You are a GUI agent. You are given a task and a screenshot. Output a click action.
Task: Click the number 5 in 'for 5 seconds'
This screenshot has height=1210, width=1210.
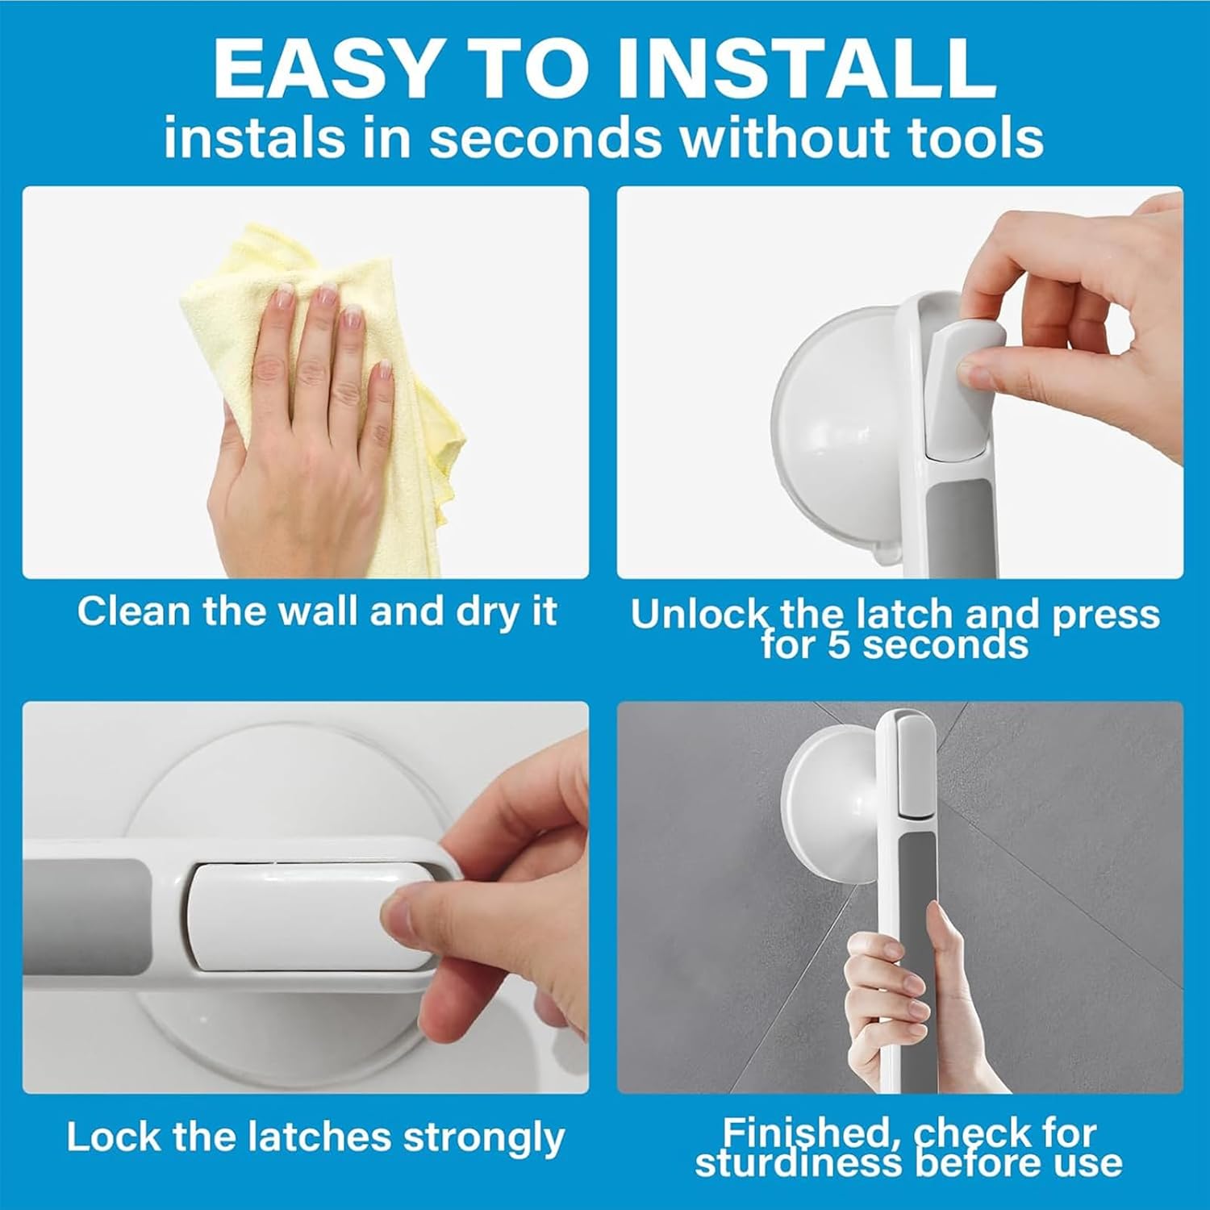click(x=840, y=645)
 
